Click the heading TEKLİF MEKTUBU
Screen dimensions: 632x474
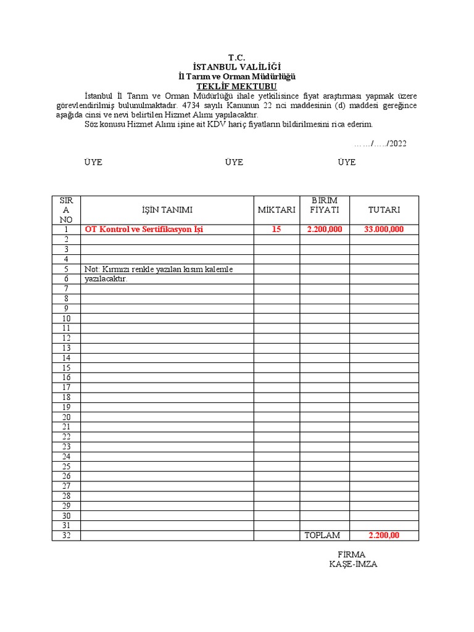pyautogui.click(x=236, y=86)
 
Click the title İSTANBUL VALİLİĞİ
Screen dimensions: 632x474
pyautogui.click(x=236, y=67)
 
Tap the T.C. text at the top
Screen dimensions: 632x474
pyautogui.click(x=236, y=57)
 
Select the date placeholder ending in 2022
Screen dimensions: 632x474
pyautogui.click(x=380, y=143)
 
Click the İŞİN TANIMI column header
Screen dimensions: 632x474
pyautogui.click(x=167, y=210)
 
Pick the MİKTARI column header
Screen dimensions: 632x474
pyautogui.click(x=276, y=210)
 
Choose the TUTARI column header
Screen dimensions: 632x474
pyautogui.click(x=384, y=210)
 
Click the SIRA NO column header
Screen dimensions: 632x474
pyautogui.click(x=66, y=210)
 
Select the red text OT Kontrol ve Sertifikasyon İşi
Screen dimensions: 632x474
pyautogui.click(x=144, y=230)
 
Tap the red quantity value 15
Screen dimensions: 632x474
pyautogui.click(x=276, y=230)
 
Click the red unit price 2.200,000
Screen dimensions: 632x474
pyautogui.click(x=325, y=230)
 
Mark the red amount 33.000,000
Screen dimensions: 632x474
pyautogui.click(x=384, y=230)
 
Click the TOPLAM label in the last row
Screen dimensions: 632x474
pyautogui.click(x=322, y=535)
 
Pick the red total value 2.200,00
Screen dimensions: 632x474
pyautogui.click(x=384, y=535)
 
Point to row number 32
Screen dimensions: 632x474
pyautogui.click(x=66, y=535)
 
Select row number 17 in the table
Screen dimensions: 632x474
pyautogui.click(x=66, y=387)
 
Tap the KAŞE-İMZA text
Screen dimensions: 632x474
pyautogui.click(x=352, y=564)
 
